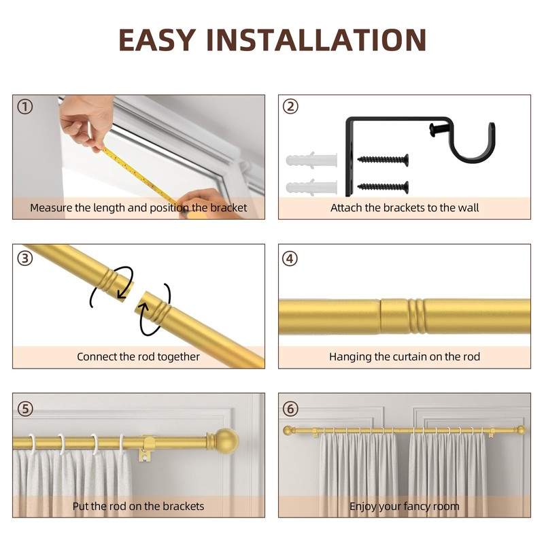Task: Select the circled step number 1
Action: [x=25, y=107]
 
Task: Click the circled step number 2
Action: [x=290, y=106]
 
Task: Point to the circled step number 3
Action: [x=25, y=258]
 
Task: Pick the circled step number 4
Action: [x=290, y=258]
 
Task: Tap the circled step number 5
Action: [x=25, y=408]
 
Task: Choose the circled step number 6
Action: [x=290, y=408]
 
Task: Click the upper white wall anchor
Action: [x=311, y=162]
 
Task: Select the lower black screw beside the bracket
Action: [x=383, y=186]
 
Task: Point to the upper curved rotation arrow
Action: [x=113, y=283]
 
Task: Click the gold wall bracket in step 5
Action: [x=147, y=446]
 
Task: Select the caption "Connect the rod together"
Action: [x=138, y=356]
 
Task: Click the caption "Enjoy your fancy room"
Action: [x=404, y=506]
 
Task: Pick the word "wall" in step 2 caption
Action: [x=466, y=207]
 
